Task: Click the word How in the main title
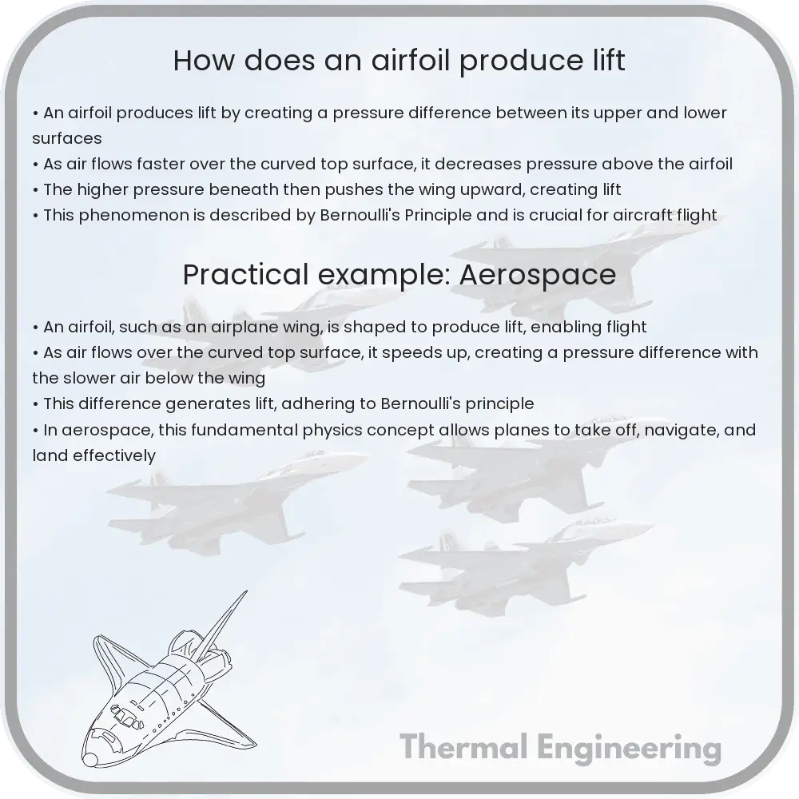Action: (x=205, y=60)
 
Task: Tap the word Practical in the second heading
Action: (x=246, y=275)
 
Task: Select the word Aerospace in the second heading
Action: (x=538, y=275)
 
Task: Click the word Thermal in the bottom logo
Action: (x=463, y=748)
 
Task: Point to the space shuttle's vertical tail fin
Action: (x=222, y=625)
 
